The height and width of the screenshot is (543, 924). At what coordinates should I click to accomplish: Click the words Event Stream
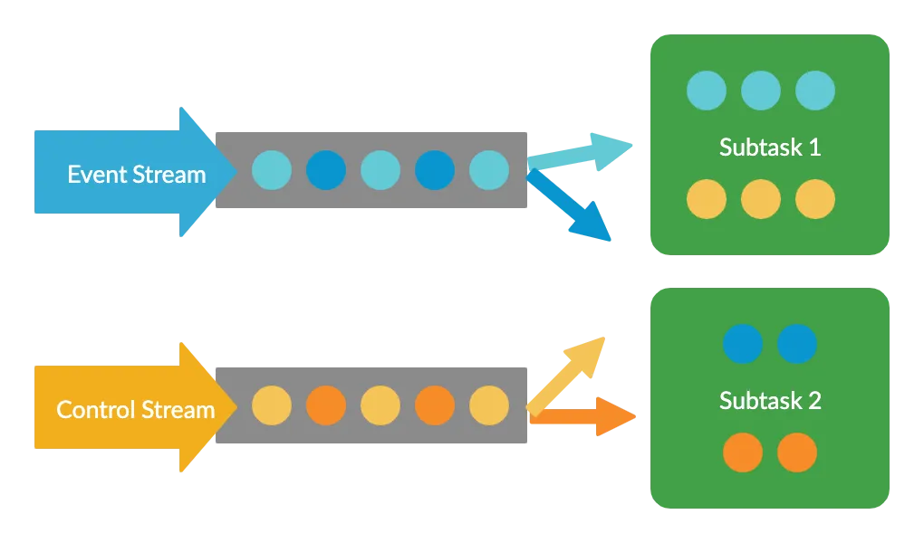tap(136, 174)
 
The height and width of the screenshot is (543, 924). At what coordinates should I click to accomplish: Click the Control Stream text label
tap(135, 409)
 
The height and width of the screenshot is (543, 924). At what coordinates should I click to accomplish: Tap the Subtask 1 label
tap(769, 147)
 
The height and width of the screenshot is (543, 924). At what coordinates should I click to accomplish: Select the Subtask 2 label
tap(769, 400)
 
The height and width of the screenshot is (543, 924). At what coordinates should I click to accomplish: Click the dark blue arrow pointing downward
tap(575, 210)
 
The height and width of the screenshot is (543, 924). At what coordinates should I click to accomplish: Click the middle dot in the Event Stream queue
tap(380, 170)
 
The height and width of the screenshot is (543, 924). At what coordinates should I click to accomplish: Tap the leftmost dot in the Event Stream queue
tap(272, 170)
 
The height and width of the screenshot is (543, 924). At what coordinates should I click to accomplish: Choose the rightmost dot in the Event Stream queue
tap(489, 170)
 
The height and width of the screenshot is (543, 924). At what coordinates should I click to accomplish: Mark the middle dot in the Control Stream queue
tap(380, 405)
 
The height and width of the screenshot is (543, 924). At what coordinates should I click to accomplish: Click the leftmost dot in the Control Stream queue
tap(272, 405)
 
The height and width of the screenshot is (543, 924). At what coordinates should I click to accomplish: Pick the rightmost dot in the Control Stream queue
tap(489, 405)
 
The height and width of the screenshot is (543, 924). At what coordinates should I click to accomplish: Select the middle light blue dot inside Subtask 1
tap(761, 90)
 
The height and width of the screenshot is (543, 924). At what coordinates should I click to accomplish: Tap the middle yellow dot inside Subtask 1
tap(761, 199)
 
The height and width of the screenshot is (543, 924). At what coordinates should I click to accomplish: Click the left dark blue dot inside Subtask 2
tap(743, 344)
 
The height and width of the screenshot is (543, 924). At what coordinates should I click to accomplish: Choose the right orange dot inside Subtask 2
tap(797, 452)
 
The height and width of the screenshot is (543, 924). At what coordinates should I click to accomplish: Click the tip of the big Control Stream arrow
tap(234, 407)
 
